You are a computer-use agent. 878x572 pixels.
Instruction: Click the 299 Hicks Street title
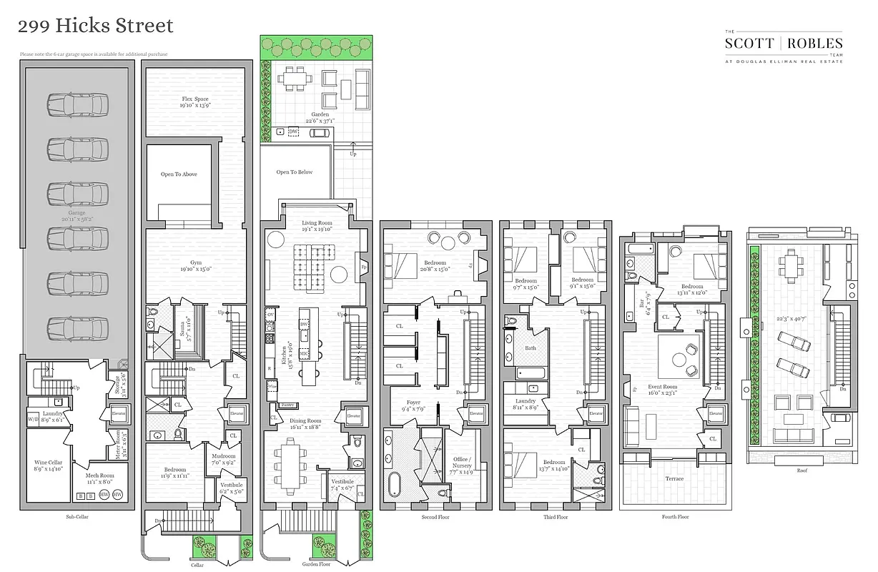tap(95, 26)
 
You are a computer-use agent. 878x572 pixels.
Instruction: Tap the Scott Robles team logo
tap(784, 47)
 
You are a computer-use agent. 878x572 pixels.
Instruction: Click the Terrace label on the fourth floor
tap(674, 478)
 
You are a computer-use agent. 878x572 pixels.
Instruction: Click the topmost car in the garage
tap(78, 104)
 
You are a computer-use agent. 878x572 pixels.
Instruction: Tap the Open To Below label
tap(295, 172)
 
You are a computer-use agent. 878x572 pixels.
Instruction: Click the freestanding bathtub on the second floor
tap(394, 483)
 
